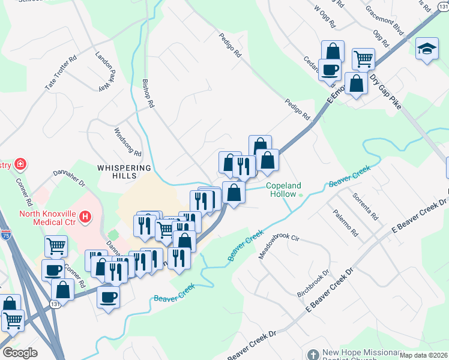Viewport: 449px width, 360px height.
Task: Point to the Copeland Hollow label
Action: (284, 190)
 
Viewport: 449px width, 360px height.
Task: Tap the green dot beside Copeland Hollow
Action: (301, 194)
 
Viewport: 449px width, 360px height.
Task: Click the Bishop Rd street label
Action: (148, 93)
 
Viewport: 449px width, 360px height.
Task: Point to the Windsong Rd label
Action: (128, 142)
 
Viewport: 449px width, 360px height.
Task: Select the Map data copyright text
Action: (423, 355)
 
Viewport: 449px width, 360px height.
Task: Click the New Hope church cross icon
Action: (313, 355)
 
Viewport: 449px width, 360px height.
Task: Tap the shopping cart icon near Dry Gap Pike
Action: (363, 59)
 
